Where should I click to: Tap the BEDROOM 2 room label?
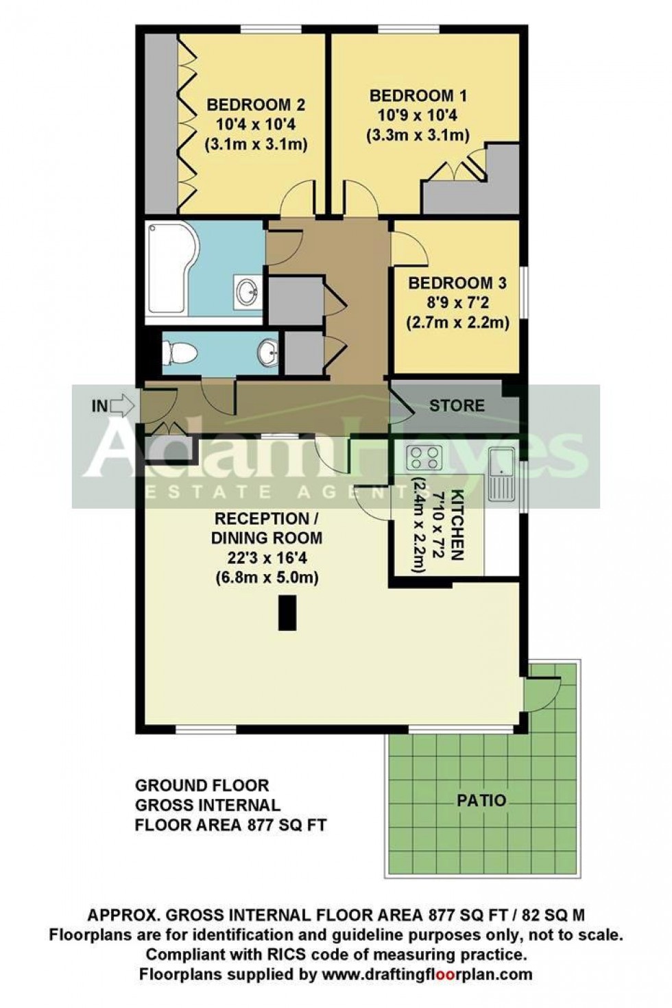coord(255,105)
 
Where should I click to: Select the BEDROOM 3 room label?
coord(457,283)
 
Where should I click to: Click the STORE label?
coord(457,405)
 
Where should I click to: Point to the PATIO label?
coord(481,800)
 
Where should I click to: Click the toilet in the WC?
coord(180,353)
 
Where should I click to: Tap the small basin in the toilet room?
coord(268,353)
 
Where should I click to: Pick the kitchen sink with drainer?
coord(501,473)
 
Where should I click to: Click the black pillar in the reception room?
coord(287,612)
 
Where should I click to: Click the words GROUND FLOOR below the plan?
coord(202,785)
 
